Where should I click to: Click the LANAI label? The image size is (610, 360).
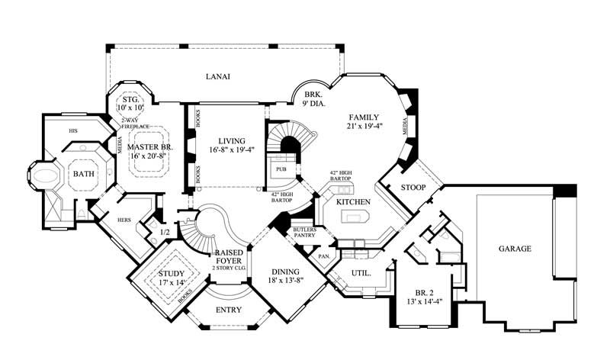click(217, 76)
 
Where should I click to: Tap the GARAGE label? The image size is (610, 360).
click(515, 249)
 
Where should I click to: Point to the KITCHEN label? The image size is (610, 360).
click(354, 201)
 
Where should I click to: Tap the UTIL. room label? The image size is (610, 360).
click(361, 272)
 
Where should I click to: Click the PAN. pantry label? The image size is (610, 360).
click(323, 256)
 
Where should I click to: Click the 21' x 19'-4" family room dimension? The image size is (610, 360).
click(364, 126)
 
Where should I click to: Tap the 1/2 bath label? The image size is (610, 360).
click(163, 232)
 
